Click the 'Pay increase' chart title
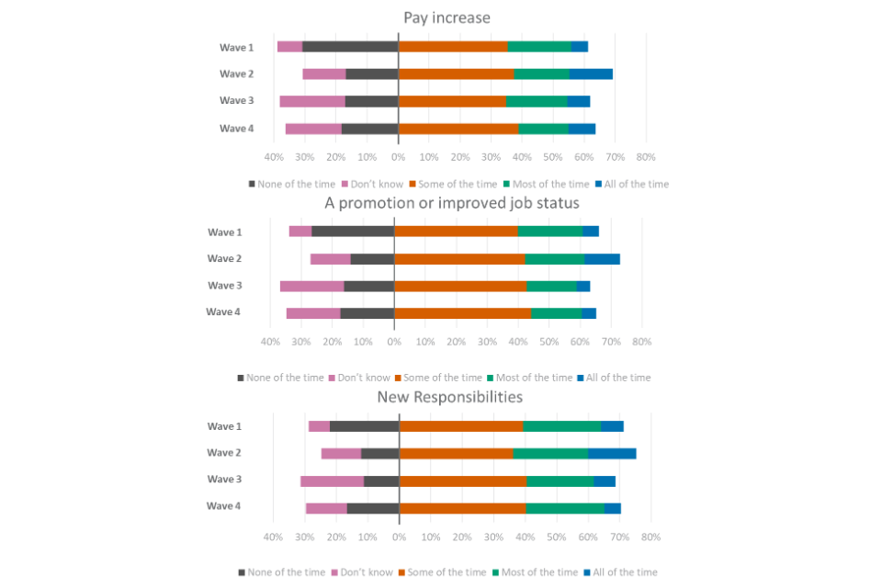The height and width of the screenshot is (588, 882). tap(447, 17)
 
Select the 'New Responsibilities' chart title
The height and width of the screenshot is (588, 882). tap(450, 398)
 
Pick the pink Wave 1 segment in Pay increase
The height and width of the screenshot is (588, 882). tap(289, 46)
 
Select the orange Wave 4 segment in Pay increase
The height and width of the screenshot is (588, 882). tap(458, 129)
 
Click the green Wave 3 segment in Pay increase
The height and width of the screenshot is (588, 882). tap(537, 101)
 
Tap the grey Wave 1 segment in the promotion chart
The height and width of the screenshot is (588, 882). tap(353, 232)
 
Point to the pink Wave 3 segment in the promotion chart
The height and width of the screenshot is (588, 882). tap(311, 286)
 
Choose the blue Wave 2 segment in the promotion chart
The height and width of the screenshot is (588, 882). tap(602, 259)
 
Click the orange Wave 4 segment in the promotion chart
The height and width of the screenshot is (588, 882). tap(462, 313)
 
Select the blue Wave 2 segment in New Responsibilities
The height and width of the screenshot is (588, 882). tap(613, 453)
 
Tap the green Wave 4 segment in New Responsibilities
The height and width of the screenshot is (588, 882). tap(564, 508)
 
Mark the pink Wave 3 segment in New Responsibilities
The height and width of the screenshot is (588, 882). tap(332, 481)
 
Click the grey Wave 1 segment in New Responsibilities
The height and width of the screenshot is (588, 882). tap(365, 426)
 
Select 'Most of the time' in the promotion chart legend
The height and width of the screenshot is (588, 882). tap(531, 378)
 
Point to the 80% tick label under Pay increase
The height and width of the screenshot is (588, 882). tap(646, 157)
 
